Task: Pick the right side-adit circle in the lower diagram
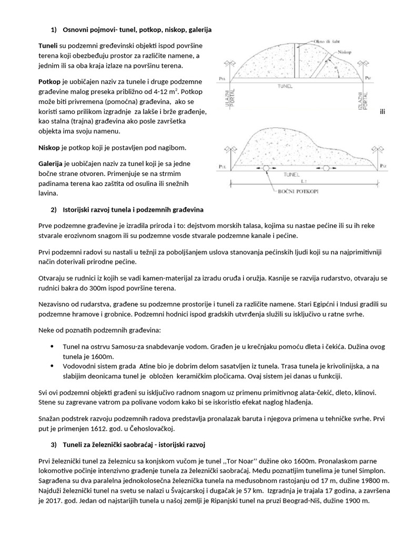pyautogui.click(x=326, y=168)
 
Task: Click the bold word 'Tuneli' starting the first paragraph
pyautogui.click(x=48, y=46)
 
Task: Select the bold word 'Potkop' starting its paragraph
pyautogui.click(x=49, y=83)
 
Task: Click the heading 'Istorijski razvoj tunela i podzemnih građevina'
pyautogui.click(x=133, y=210)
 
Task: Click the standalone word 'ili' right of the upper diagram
pyautogui.click(x=376, y=112)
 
